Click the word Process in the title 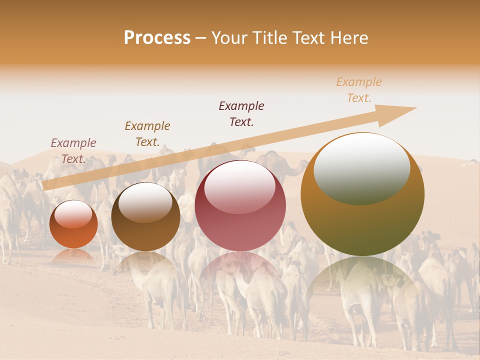pyautogui.click(x=157, y=38)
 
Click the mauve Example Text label pyautogui.click(x=73, y=151)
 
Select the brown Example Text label pyautogui.click(x=147, y=134)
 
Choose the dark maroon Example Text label pyautogui.click(x=241, y=114)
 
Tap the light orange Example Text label pyautogui.click(x=359, y=90)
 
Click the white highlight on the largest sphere pyautogui.click(x=362, y=168)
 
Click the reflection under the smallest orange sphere pyautogui.click(x=73, y=256)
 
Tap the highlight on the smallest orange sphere pyautogui.click(x=73, y=214)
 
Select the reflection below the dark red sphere pyautogui.click(x=240, y=272)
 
